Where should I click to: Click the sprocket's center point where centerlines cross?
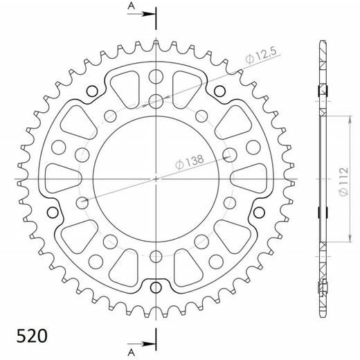[x=156, y=179]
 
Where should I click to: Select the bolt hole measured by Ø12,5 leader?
[x=156, y=101]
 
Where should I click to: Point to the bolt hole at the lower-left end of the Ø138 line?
[x=82, y=201]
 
